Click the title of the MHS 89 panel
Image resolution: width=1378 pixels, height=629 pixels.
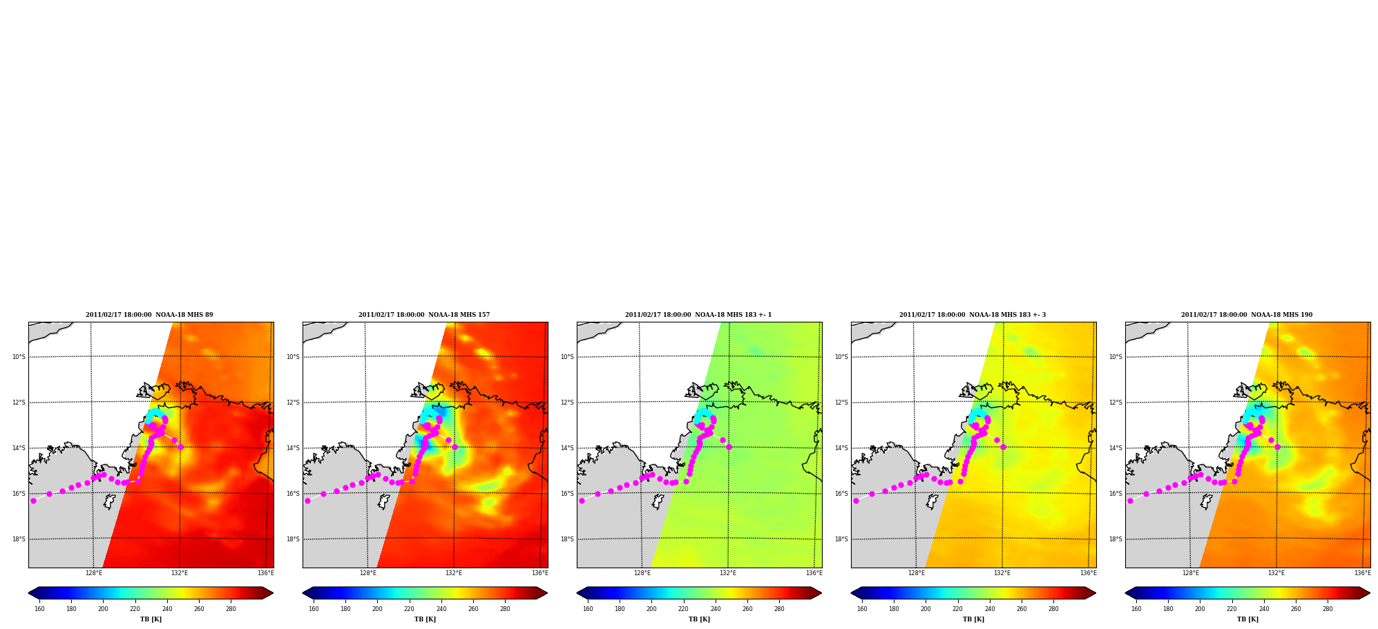(149, 315)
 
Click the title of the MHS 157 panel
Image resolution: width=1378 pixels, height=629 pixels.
(424, 315)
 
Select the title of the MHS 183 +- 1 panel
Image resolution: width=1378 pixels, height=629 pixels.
(698, 315)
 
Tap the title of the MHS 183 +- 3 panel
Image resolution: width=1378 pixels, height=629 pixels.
(973, 315)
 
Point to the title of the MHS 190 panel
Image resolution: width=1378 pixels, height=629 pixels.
(1247, 315)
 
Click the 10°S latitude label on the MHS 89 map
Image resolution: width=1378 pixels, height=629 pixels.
(19, 357)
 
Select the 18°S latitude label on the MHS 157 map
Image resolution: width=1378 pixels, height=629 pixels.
(293, 539)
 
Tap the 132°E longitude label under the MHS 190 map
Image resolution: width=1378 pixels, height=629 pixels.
(1276, 573)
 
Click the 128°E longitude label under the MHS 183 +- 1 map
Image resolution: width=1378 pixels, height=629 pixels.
(642, 573)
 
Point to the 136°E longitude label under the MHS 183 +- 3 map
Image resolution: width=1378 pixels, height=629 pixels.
(1089, 573)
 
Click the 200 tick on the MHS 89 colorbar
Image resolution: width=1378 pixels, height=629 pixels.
(103, 609)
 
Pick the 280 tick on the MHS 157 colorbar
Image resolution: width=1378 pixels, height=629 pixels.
(505, 609)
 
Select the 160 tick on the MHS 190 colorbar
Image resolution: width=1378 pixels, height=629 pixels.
(1136, 609)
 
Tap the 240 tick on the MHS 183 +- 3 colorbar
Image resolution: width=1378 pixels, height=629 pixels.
(990, 609)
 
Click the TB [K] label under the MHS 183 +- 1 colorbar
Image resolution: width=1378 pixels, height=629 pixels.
(699, 619)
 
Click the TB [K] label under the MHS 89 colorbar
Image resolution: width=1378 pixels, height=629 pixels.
(151, 619)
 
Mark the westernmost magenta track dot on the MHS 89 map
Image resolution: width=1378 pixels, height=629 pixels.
(33, 501)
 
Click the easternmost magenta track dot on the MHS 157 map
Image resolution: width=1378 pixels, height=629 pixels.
(454, 447)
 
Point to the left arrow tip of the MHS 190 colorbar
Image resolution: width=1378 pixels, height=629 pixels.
(1126, 593)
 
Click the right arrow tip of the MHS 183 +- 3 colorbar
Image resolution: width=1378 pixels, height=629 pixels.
(1096, 593)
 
